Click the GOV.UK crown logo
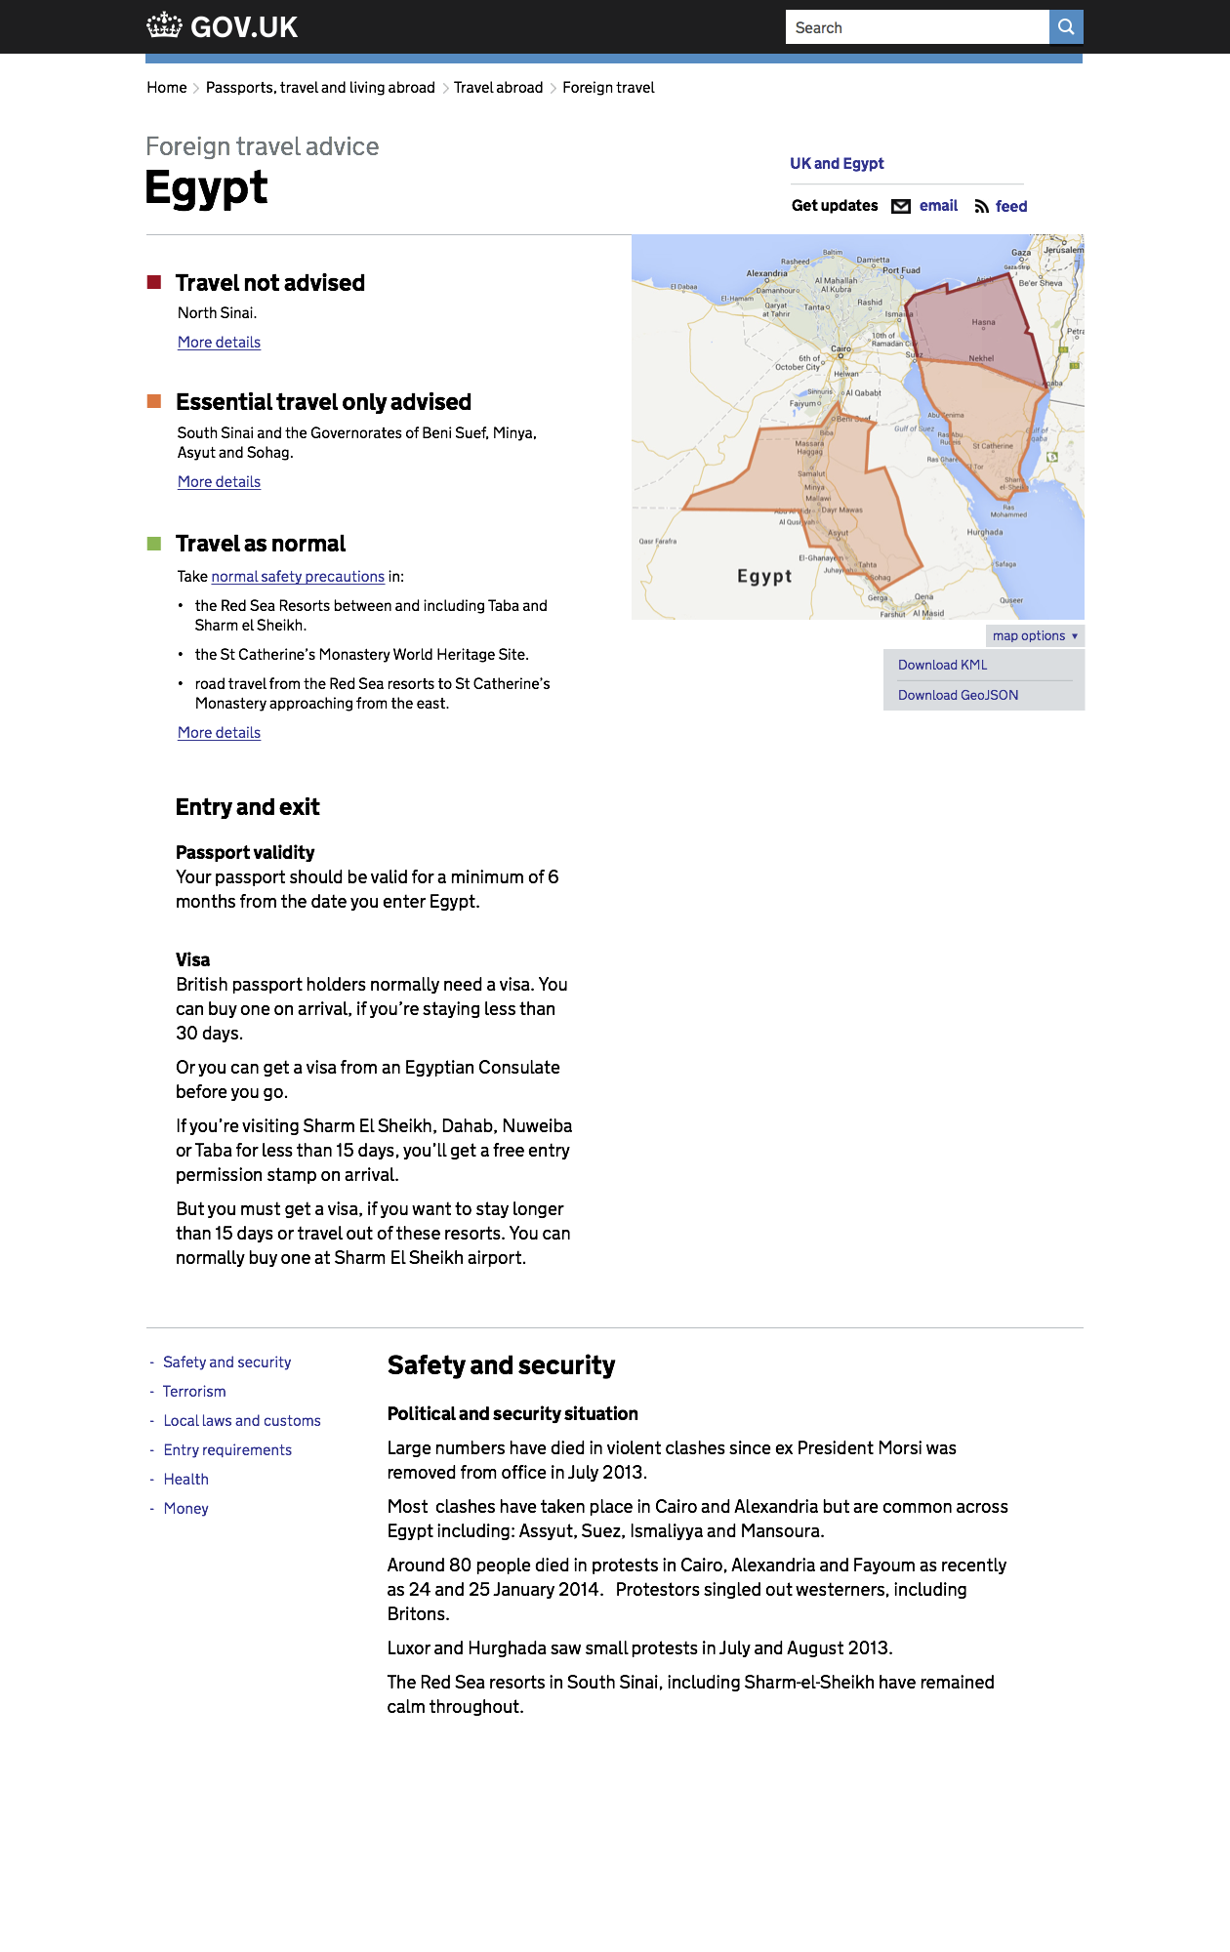pyautogui.click(x=164, y=25)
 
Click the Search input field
pyautogui.click(x=916, y=27)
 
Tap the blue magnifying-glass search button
pyautogui.click(x=1066, y=27)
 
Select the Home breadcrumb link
pyautogui.click(x=167, y=88)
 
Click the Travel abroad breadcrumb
pyautogui.click(x=498, y=88)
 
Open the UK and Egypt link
pyautogui.click(x=837, y=163)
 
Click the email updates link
pyautogui.click(x=937, y=206)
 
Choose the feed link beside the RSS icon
pyautogui.click(x=1010, y=206)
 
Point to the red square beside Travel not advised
pyautogui.click(x=154, y=282)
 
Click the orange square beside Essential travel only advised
pyautogui.click(x=154, y=401)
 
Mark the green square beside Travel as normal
pyautogui.click(x=154, y=543)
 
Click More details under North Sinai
pyautogui.click(x=219, y=343)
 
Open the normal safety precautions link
pyautogui.click(x=298, y=577)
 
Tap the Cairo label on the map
pyautogui.click(x=840, y=348)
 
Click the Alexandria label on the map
pyautogui.click(x=766, y=273)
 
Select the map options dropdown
pyautogui.click(x=1034, y=635)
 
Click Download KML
pyautogui.click(x=942, y=665)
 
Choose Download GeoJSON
pyautogui.click(x=958, y=695)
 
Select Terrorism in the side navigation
pyautogui.click(x=194, y=1392)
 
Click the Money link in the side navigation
pyautogui.click(x=185, y=1509)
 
